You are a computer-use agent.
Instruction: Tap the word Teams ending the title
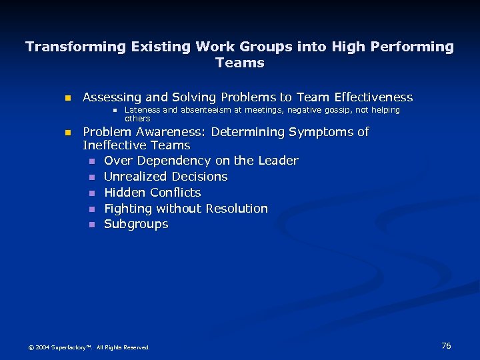(240, 63)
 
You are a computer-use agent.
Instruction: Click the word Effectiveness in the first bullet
(369, 97)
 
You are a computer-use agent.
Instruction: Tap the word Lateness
(143, 110)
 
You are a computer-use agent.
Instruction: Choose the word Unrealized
(137, 177)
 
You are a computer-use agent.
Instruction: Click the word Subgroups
(136, 225)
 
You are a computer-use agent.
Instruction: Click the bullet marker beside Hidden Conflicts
(92, 193)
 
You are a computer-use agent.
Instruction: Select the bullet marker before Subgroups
(92, 225)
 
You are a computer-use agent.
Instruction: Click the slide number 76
(446, 345)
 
